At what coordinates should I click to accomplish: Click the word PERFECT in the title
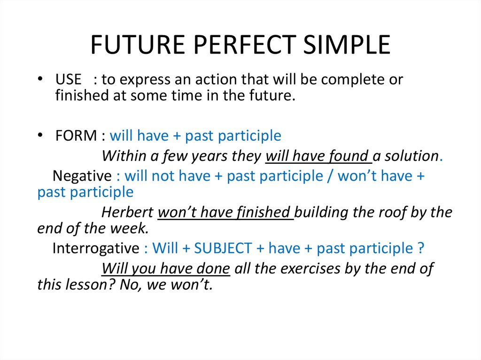pos(245,45)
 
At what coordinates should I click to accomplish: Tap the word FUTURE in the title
pos(138,45)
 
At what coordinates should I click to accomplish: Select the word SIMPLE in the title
pos(347,45)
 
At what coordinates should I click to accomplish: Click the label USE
pos(69,79)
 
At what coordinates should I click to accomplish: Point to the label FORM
pos(76,136)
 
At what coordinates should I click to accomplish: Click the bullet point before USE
pos(40,79)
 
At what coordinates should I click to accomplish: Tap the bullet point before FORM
pos(40,135)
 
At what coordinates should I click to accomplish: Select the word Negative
pos(82,176)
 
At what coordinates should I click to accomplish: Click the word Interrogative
pos(96,248)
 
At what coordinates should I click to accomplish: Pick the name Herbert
pos(127,212)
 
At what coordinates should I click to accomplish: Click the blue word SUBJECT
pos(223,248)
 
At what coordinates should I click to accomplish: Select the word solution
pos(412,156)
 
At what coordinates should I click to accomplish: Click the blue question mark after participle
pos(421,248)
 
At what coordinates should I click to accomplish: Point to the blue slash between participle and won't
pos(330,176)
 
